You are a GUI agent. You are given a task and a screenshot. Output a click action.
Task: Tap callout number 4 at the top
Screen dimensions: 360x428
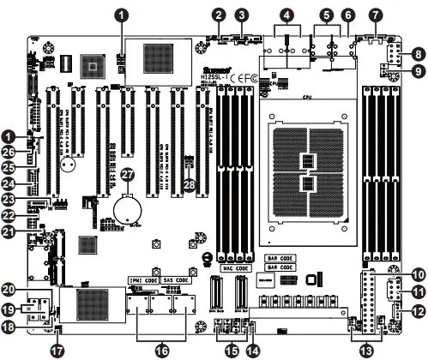[x=287, y=15]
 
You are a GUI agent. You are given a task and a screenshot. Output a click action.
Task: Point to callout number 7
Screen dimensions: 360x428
[x=375, y=15]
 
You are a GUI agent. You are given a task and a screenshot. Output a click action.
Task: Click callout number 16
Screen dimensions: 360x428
[x=160, y=349]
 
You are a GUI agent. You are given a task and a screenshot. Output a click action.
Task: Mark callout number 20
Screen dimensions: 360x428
[x=11, y=289]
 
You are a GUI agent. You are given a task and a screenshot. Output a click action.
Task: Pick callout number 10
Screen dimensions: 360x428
[x=418, y=274]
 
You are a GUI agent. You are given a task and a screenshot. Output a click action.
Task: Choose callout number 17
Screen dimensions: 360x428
[x=57, y=349]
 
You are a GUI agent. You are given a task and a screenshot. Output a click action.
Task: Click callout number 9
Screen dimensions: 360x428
[x=418, y=71]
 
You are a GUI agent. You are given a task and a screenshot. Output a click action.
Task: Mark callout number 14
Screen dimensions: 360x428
[x=252, y=349]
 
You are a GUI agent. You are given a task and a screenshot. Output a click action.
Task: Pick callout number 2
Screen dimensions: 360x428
[x=220, y=15]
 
